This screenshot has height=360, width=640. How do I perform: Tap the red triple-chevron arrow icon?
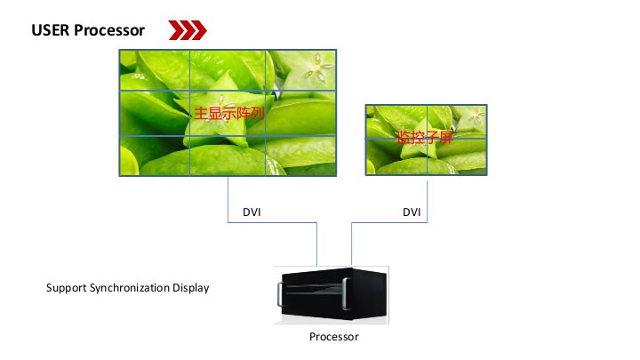188,31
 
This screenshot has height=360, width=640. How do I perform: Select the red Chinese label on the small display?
425,137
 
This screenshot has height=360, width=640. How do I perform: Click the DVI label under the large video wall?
252,212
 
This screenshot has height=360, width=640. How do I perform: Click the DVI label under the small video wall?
412,212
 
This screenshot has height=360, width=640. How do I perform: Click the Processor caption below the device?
333,337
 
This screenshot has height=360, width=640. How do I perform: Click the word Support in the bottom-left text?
67,289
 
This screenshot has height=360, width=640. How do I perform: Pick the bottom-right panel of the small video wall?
457,157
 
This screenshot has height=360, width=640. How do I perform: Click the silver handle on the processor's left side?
281,292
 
